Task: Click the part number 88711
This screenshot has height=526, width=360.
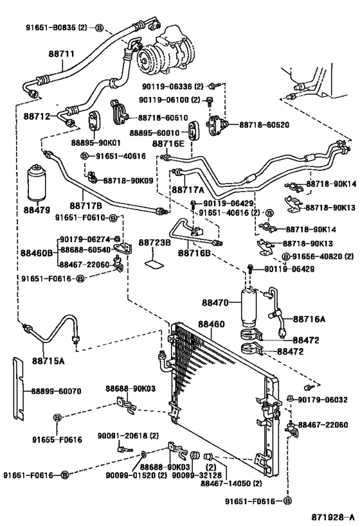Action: pyautogui.click(x=62, y=54)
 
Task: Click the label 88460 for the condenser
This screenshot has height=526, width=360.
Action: pyautogui.click(x=211, y=324)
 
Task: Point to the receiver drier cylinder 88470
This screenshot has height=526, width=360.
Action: pyautogui.click(x=249, y=306)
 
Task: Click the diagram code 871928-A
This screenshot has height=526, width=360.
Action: pyautogui.click(x=332, y=516)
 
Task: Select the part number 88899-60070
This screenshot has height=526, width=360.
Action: pyautogui.click(x=56, y=391)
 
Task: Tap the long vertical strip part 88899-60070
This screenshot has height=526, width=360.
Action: pyautogui.click(x=19, y=389)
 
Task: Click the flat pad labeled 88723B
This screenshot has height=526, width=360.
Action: pyautogui.click(x=155, y=264)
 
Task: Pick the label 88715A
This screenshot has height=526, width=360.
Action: pyautogui.click(x=48, y=361)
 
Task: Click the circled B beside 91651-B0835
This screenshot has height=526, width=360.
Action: pyautogui.click(x=100, y=28)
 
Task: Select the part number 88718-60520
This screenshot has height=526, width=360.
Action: pyautogui.click(x=264, y=125)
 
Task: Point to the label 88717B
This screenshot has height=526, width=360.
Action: pyautogui.click(x=85, y=205)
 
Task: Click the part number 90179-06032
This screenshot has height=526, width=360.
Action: pyautogui.click(x=323, y=399)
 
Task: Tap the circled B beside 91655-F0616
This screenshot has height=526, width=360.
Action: pyautogui.click(x=57, y=417)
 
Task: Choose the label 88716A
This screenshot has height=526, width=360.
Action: pyautogui.click(x=309, y=319)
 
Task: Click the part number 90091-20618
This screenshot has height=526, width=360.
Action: pyautogui.click(x=123, y=435)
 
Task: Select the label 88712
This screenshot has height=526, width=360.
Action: pyautogui.click(x=37, y=116)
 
